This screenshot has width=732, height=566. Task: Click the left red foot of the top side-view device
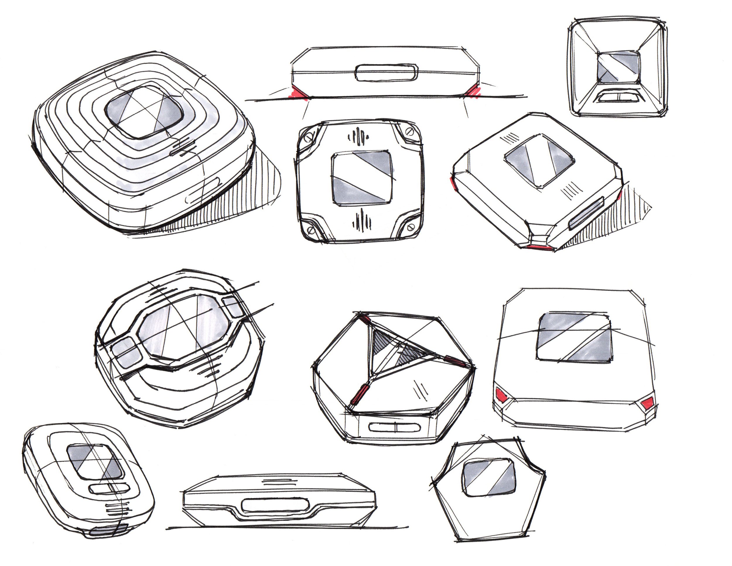click(x=297, y=93)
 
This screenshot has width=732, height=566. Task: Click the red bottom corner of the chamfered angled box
click(x=540, y=247)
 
